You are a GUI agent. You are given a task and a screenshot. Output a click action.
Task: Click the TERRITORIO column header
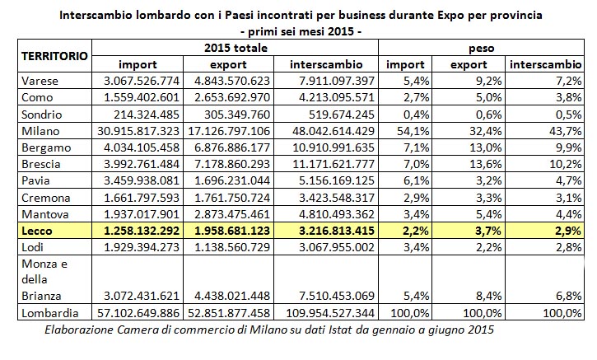point(54,56)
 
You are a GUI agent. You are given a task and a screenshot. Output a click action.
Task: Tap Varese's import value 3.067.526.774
point(142,81)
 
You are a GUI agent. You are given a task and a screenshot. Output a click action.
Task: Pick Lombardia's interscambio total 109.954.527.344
point(329,314)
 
